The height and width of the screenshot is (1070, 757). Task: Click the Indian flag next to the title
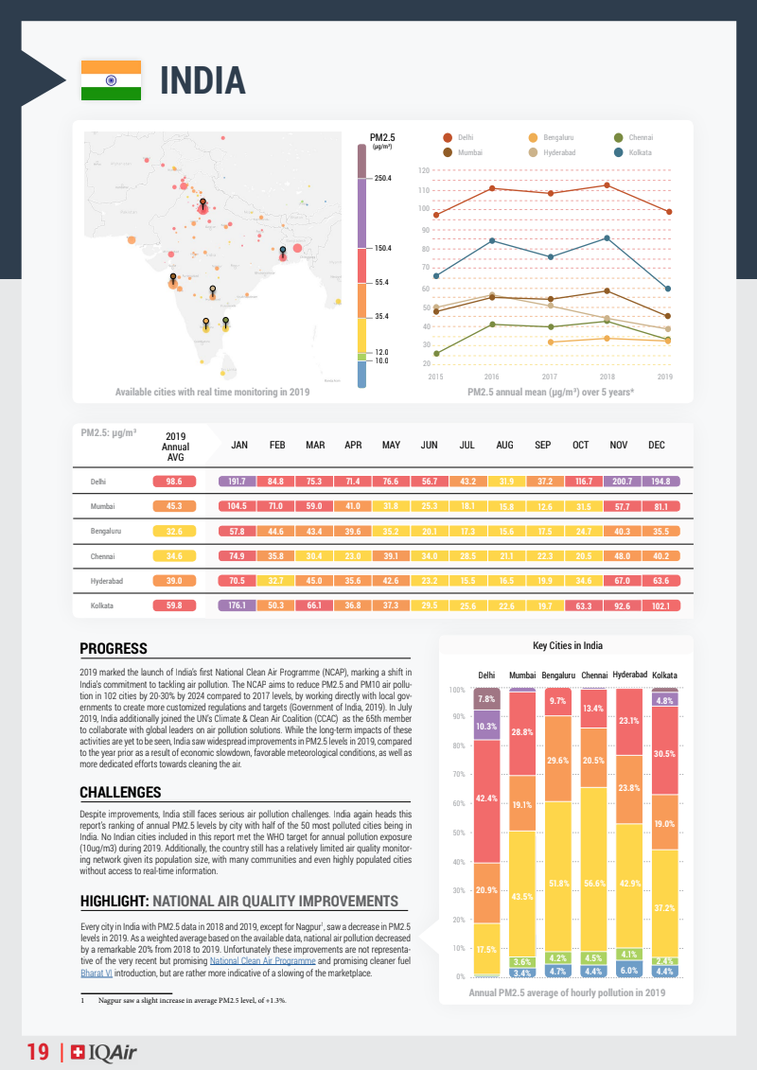[111, 80]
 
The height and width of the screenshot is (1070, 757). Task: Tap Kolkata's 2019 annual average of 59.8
[174, 605]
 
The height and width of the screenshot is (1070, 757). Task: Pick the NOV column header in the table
[619, 445]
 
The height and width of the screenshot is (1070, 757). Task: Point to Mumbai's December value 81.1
[660, 506]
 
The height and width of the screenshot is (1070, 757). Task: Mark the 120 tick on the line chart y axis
[424, 170]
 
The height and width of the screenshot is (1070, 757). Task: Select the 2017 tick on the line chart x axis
[550, 377]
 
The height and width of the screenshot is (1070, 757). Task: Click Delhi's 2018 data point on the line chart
[607, 184]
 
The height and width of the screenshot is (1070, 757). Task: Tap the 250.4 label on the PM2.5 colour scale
[383, 178]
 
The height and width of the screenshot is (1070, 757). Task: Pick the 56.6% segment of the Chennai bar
[594, 884]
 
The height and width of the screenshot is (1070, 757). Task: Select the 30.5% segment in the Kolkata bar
[665, 754]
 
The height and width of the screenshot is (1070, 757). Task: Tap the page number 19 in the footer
[38, 1052]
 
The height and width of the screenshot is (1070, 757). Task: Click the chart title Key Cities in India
[568, 646]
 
